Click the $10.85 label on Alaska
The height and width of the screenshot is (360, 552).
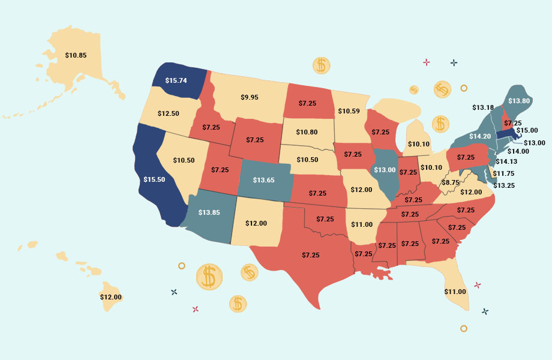click(76, 55)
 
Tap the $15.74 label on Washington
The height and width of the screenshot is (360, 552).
click(177, 80)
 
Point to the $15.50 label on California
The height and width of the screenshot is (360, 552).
click(155, 179)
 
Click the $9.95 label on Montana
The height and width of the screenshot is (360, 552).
click(250, 97)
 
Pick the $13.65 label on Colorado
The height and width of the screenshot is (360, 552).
click(264, 180)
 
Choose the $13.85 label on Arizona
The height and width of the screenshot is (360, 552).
click(209, 212)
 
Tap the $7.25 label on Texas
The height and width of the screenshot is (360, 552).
click(311, 255)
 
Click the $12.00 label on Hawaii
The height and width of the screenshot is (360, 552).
click(110, 297)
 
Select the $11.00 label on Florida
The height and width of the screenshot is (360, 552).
click(455, 292)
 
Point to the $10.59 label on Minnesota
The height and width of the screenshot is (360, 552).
click(349, 111)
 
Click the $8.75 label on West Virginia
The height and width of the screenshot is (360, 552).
click(451, 182)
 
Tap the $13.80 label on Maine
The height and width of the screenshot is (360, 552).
click(519, 101)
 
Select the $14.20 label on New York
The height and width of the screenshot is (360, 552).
click(480, 136)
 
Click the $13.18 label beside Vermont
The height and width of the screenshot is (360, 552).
click(483, 108)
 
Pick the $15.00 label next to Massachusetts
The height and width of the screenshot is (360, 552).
click(527, 130)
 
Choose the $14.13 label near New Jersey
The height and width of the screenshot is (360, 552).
click(506, 161)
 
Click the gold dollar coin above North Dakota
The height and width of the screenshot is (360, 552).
click(321, 65)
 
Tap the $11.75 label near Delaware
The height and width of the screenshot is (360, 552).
click(504, 174)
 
